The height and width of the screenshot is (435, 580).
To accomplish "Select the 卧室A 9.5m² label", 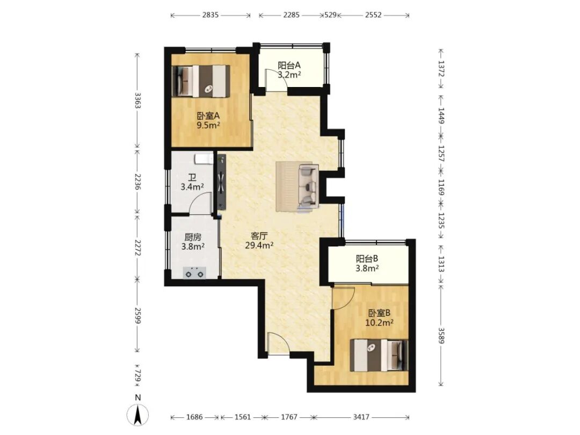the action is click(x=208, y=120).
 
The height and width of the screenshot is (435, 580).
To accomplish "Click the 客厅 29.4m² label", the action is click(x=259, y=241).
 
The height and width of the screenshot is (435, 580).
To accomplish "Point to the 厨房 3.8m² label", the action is click(x=193, y=242).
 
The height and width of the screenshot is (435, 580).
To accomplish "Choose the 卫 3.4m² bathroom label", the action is click(x=192, y=182).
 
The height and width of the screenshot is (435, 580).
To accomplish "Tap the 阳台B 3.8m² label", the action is click(x=367, y=263).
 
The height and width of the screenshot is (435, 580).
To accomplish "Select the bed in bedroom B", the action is click(x=379, y=355).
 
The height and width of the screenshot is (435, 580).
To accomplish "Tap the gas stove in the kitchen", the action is click(x=195, y=273).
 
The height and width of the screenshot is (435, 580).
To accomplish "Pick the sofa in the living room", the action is click(x=308, y=186).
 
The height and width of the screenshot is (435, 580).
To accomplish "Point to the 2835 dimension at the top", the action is click(x=211, y=15).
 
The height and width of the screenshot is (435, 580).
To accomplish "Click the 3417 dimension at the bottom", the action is click(x=361, y=417).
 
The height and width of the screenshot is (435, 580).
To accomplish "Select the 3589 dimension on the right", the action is click(x=440, y=335).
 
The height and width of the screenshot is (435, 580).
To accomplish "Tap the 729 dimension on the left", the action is click(x=137, y=375).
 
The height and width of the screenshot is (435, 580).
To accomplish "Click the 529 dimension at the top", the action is click(x=330, y=15).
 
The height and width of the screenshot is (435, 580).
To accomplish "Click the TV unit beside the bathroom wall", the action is click(x=222, y=182).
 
